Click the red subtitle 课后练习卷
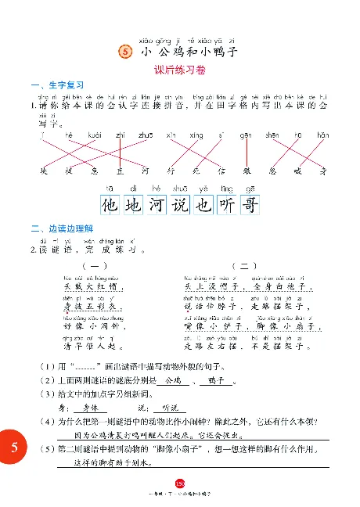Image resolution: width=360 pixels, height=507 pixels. pos(179,70)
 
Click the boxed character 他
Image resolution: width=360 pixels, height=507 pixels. pos(112,205)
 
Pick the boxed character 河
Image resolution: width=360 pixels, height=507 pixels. pos(157,205)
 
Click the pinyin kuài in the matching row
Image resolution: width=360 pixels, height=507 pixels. pos(95,135)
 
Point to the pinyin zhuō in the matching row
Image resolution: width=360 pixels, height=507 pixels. pos(146,135)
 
